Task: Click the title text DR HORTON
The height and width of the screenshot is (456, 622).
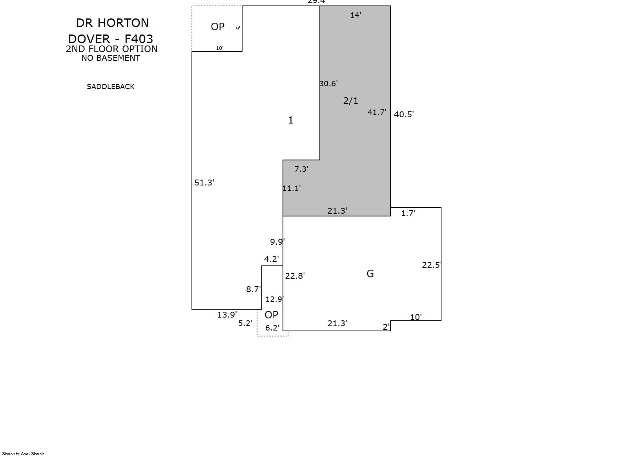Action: point(112,23)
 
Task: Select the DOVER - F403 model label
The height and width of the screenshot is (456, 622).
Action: point(111,39)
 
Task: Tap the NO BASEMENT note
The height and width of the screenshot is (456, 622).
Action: point(111,58)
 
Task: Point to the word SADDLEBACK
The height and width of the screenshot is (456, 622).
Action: point(111,87)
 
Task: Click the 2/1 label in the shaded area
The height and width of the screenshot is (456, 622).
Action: point(350,101)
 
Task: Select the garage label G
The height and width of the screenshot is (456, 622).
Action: point(370,274)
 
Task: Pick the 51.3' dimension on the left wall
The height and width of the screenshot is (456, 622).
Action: point(204,183)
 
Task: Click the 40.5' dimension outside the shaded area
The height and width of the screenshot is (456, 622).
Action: point(404,114)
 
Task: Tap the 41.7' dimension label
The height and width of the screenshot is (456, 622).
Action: point(377,113)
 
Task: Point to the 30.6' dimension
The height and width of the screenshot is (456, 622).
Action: point(328,84)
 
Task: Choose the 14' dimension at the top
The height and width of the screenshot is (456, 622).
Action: point(356,15)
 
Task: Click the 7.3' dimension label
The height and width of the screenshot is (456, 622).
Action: point(301,169)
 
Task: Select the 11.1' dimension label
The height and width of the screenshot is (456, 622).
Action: point(291,189)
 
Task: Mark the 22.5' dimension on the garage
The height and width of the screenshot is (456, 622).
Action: point(431,265)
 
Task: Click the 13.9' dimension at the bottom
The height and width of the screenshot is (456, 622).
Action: point(227,315)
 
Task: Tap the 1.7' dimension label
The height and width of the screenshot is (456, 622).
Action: point(408,213)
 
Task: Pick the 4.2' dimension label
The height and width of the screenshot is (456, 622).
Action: point(271,259)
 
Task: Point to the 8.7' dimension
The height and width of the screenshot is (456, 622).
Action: point(253,289)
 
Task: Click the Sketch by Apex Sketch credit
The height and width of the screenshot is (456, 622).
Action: point(23,454)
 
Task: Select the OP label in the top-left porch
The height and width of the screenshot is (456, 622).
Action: point(218,27)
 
